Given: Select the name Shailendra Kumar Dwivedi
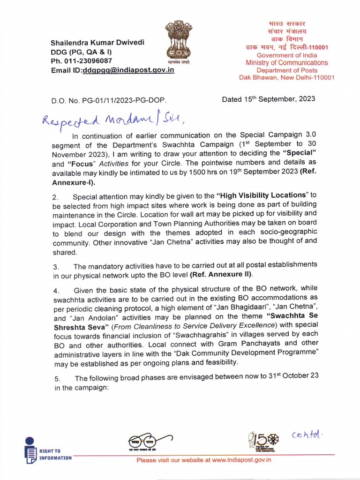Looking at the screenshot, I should (97, 43).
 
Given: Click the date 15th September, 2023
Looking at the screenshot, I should (269, 99).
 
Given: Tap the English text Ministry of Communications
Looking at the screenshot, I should (287, 62).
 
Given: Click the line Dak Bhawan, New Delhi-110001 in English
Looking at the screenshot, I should (287, 77).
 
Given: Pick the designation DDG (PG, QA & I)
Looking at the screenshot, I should (81, 52).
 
